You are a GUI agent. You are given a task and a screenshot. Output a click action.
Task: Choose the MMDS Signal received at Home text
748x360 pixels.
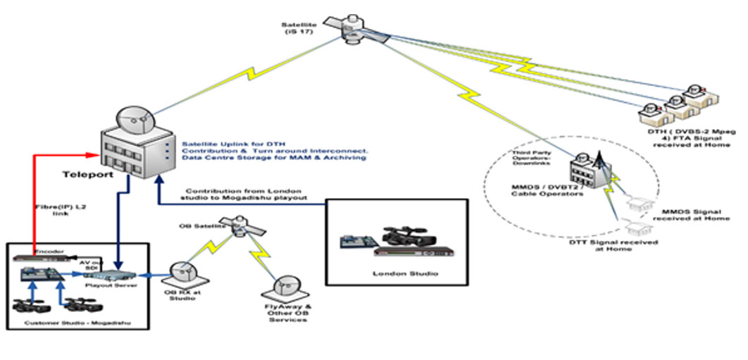pos(691,214)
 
